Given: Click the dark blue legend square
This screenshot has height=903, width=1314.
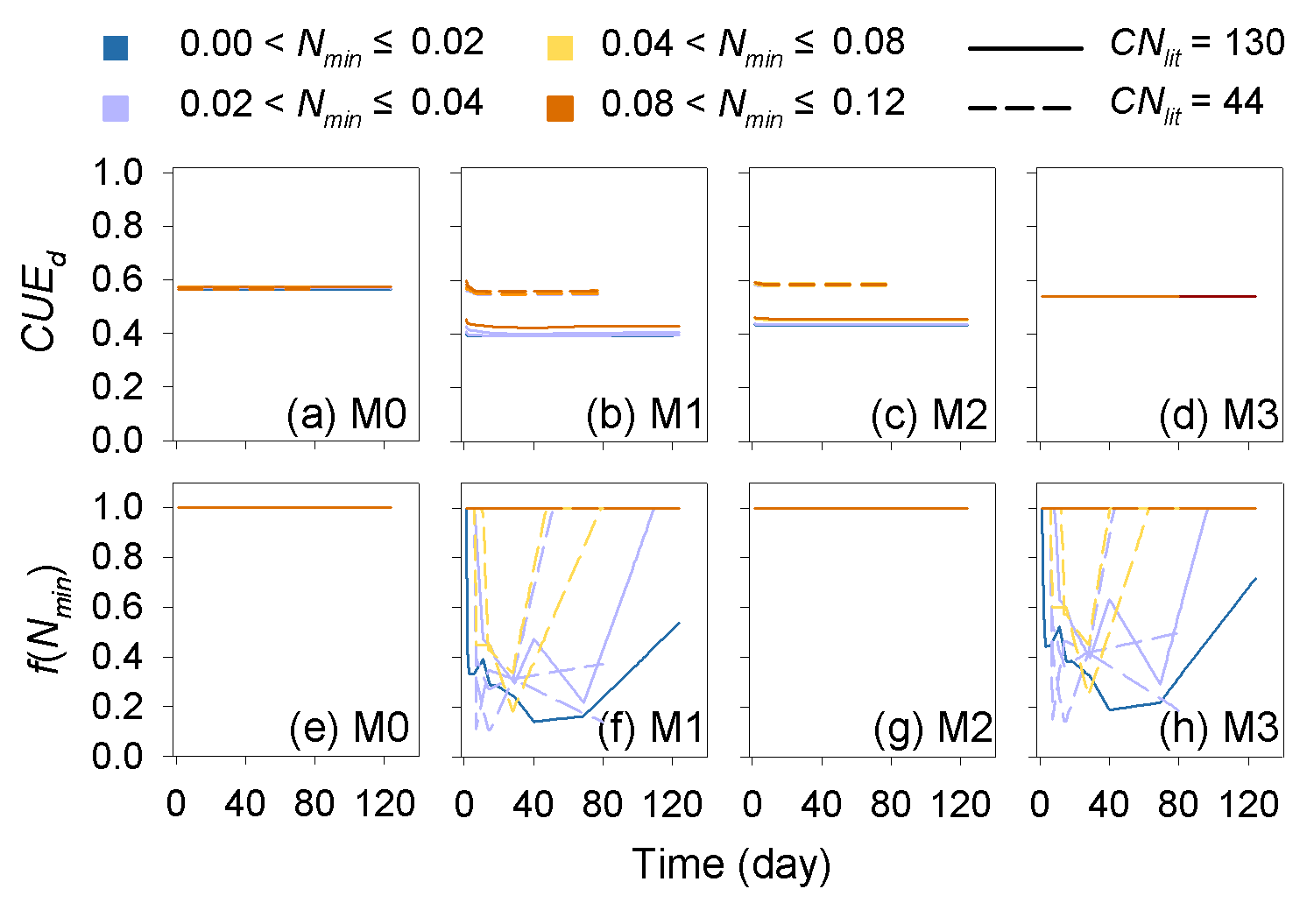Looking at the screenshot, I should (116, 48).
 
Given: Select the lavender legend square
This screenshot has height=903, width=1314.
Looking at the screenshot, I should (116, 108).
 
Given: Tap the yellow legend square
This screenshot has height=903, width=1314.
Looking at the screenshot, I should (561, 48).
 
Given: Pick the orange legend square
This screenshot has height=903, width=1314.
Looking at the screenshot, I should (561, 108).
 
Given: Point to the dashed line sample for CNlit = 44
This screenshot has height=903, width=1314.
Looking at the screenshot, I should (1021, 109).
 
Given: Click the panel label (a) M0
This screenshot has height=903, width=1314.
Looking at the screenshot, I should (347, 414).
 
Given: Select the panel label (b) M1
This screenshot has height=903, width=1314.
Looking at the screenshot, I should (645, 414).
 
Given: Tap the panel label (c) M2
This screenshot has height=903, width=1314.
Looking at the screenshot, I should (929, 414).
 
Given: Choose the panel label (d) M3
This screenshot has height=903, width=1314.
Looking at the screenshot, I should (1219, 414).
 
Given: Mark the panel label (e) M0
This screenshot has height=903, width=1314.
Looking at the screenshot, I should (349, 729).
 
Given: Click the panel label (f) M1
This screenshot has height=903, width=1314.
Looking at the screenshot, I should (650, 729).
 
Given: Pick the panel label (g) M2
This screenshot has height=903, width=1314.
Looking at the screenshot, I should (933, 729).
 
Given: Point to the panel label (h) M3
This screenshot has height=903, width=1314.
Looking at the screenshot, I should (1219, 729).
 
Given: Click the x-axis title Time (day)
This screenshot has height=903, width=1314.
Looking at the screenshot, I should (731, 864).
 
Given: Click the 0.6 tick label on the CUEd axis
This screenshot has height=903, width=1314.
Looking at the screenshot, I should (117, 280).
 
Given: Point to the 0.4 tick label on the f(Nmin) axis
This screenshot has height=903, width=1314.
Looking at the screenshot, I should (117, 657).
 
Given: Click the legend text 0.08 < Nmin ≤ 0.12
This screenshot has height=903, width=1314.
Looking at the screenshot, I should (752, 105).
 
